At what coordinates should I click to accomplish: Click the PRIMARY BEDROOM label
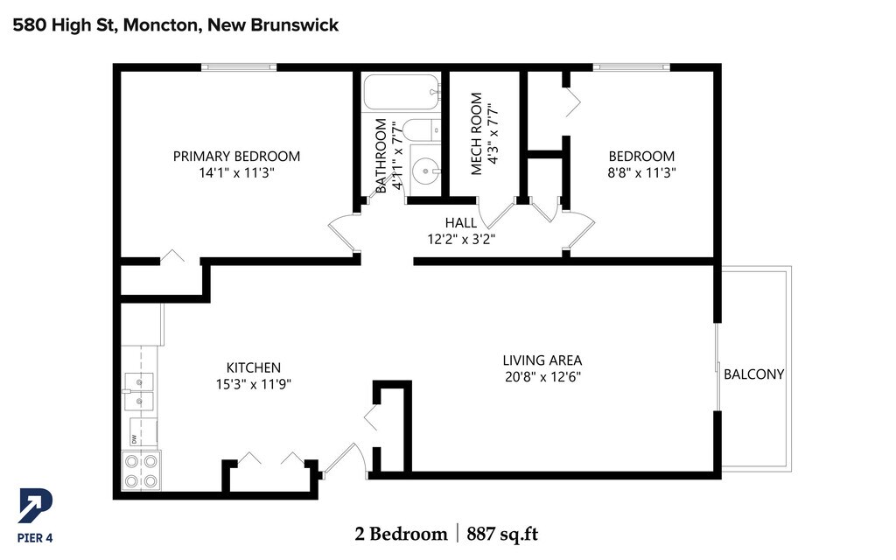click(236, 157)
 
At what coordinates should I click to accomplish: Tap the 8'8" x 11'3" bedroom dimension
click(641, 173)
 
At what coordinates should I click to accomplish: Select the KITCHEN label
click(254, 367)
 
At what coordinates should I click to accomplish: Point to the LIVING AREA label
click(542, 360)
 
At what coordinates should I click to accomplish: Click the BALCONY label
click(753, 374)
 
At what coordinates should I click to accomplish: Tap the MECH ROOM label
click(477, 146)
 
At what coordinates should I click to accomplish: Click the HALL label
click(461, 223)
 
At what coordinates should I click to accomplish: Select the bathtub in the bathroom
click(400, 89)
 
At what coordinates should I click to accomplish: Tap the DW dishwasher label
click(134, 438)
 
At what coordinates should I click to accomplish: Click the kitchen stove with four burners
click(141, 471)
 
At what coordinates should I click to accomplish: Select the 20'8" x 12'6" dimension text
click(542, 377)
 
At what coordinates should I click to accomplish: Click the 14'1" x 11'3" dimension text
click(236, 173)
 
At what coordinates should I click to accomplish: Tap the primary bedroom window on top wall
click(239, 66)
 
